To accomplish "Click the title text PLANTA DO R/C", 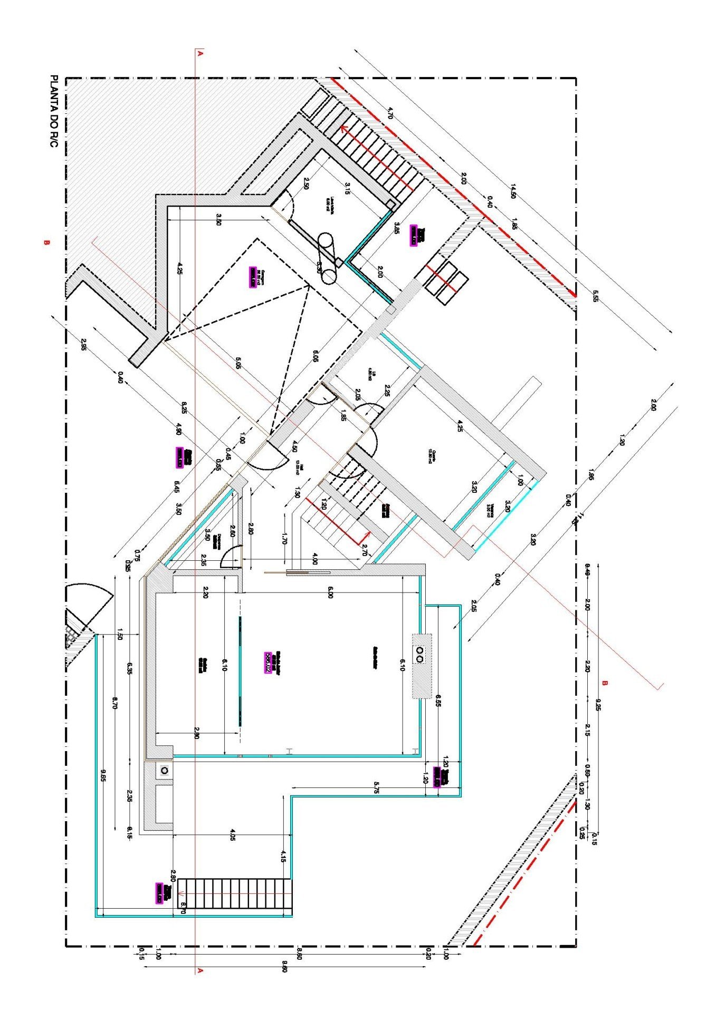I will coord(53,111).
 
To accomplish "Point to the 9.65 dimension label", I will coord(103,775).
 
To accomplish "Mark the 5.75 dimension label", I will coord(376,787).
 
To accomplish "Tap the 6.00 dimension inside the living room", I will coord(330,593).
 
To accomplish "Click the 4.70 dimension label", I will coord(390,113).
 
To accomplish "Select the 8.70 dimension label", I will coord(115,703).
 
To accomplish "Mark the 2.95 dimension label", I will coord(84,345).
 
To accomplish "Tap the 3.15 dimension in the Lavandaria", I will coord(347,188).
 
